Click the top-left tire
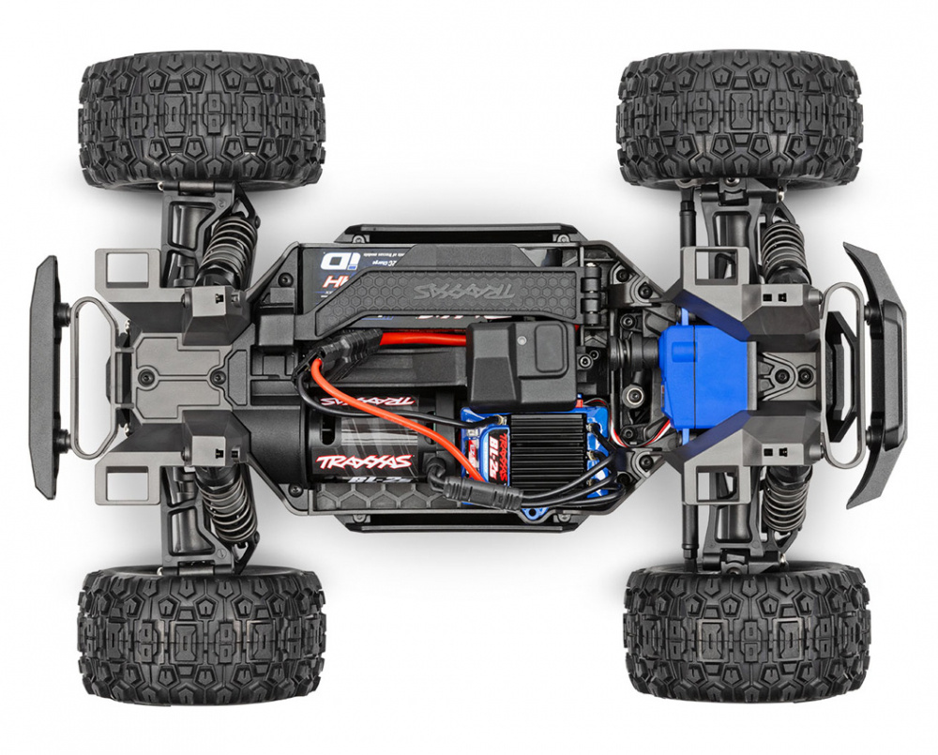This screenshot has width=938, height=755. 202,121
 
